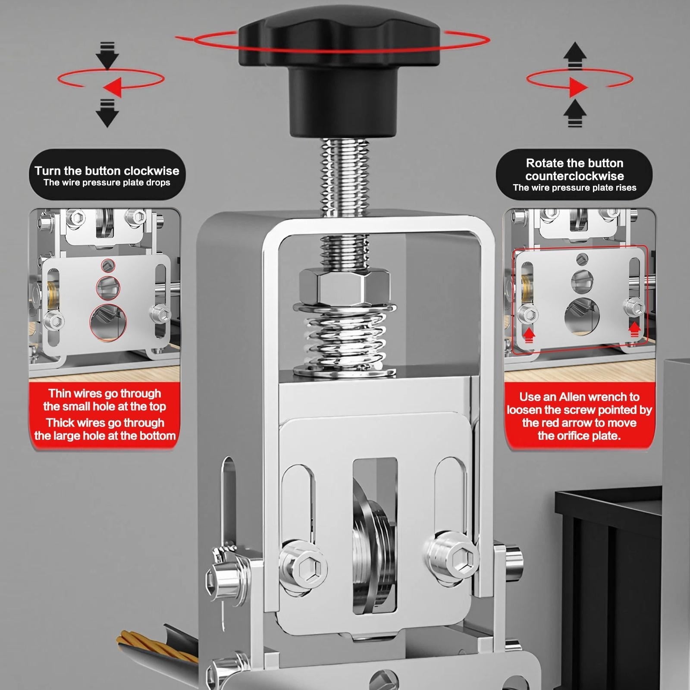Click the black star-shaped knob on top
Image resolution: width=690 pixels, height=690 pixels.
(x=339, y=65)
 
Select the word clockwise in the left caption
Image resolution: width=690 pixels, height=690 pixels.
(x=150, y=171)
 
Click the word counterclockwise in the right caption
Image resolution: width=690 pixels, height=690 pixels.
(x=574, y=176)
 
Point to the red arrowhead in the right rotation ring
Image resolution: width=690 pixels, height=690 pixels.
(x=578, y=87)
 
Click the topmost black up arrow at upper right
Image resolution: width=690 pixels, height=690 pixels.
(x=575, y=55)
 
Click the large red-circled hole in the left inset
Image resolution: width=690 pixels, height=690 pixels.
(x=108, y=322)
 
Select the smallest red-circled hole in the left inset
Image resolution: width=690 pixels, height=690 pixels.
(x=108, y=265)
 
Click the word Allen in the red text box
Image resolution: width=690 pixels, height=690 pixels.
(x=572, y=397)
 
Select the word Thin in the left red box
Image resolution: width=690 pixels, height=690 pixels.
(x=59, y=393)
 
